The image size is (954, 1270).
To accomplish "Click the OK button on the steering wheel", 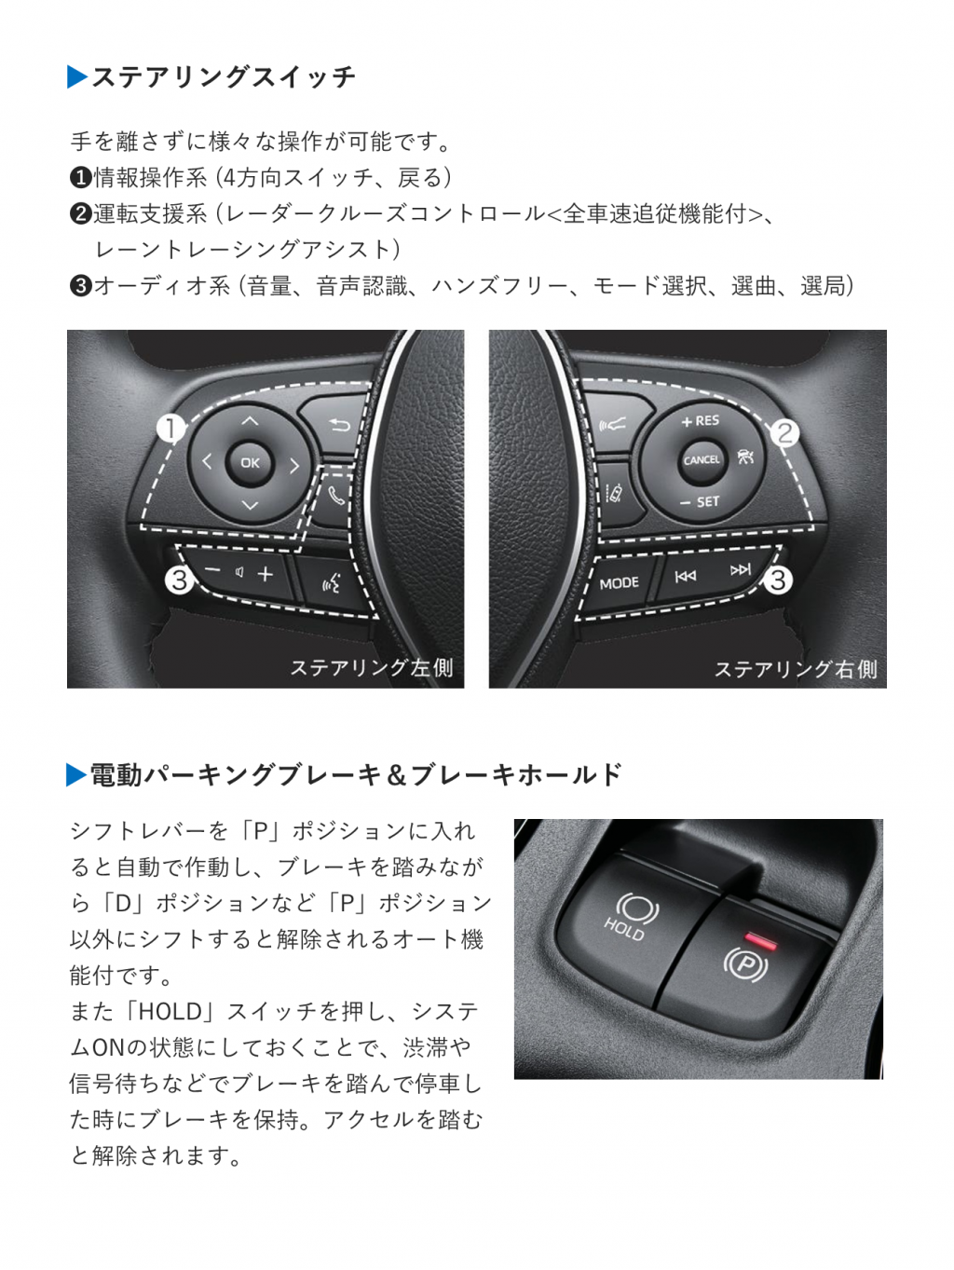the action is (250, 462).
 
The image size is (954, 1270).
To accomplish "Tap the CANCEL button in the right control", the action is (702, 460).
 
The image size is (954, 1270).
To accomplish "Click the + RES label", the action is (700, 420).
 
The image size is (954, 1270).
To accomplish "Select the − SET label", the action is (700, 501).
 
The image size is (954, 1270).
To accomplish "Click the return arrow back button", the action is (339, 426).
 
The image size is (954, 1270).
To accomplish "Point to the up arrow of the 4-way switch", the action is (250, 420).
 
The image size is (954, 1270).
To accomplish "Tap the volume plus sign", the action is (266, 574).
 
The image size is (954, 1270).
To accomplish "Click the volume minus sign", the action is (212, 570).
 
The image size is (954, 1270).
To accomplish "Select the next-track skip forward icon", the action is (741, 570).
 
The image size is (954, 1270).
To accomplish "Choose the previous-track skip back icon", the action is (686, 576).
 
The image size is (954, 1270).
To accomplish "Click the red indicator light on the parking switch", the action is (761, 940).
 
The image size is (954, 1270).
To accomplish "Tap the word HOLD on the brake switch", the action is (623, 928).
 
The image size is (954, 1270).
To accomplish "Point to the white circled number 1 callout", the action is (170, 429).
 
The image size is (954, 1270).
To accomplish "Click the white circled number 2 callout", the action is (784, 432).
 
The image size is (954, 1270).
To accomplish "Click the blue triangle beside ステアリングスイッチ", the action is (76, 77).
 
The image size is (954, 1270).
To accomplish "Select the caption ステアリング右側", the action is (796, 669).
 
